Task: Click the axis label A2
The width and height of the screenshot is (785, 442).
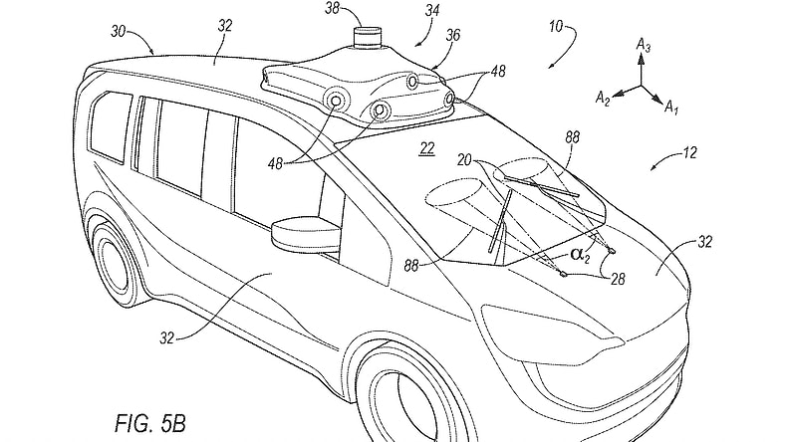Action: [x=605, y=96]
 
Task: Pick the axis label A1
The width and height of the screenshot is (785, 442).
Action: [x=674, y=105]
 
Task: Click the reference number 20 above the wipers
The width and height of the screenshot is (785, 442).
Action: [x=461, y=157]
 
